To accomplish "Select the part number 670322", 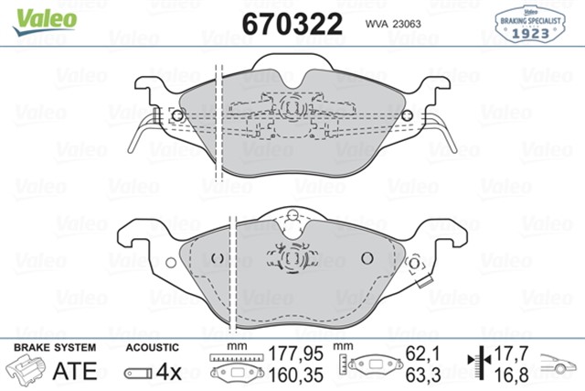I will coord(292,22).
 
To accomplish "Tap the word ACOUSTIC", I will coord(151,348).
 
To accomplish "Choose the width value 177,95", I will coord(296,352).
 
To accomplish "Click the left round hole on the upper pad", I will coord(176,116).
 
